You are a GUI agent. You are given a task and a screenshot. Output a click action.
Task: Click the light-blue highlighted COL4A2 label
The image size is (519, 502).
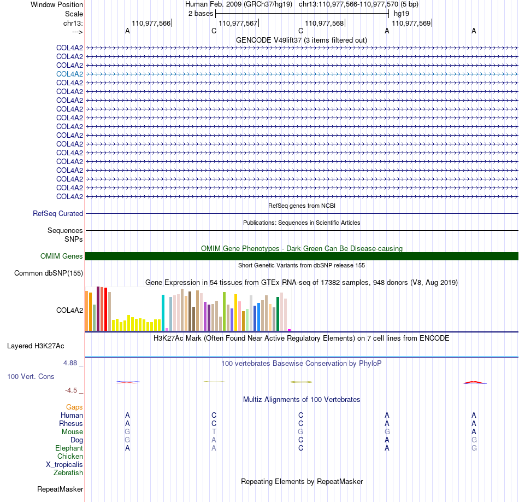click(69, 74)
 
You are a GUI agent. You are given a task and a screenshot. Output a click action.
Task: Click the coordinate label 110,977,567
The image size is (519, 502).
click(238, 23)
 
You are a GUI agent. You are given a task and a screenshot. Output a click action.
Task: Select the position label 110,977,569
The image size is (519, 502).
click(411, 23)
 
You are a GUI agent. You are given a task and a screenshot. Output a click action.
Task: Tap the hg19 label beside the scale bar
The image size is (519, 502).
click(402, 14)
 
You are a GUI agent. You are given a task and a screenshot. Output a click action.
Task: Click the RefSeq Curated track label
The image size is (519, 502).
click(58, 213)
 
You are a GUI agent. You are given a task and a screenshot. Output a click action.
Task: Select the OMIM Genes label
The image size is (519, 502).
click(62, 256)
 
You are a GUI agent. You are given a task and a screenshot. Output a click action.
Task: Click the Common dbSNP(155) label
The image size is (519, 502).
click(49, 273)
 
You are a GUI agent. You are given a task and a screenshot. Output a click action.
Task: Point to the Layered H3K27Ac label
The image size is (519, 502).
click(36, 346)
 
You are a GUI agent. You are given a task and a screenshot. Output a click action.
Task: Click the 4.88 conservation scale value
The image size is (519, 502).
click(70, 363)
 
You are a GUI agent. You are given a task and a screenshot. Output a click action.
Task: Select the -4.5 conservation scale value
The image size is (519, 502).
click(71, 390)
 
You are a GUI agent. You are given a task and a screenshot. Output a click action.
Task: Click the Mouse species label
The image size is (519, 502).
click(72, 432)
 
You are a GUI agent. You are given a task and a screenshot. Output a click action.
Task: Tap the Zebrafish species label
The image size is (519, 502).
click(68, 473)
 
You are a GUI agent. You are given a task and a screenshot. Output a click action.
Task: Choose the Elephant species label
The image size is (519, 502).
click(69, 448)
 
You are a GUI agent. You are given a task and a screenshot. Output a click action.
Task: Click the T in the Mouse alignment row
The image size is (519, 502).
click(214, 432)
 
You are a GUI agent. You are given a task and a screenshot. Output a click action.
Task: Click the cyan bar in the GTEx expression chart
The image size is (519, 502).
click(163, 312)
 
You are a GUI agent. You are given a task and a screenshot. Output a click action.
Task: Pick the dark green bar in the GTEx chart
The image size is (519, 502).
click(278, 314)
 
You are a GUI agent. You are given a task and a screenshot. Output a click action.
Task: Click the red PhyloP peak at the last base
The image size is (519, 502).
click(474, 382)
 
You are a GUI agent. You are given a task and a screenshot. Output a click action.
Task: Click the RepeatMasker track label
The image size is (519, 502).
click(60, 489)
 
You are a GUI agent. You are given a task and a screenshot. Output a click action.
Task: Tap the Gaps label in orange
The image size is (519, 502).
click(74, 407)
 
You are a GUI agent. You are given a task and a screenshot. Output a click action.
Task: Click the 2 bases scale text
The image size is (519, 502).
click(200, 14)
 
